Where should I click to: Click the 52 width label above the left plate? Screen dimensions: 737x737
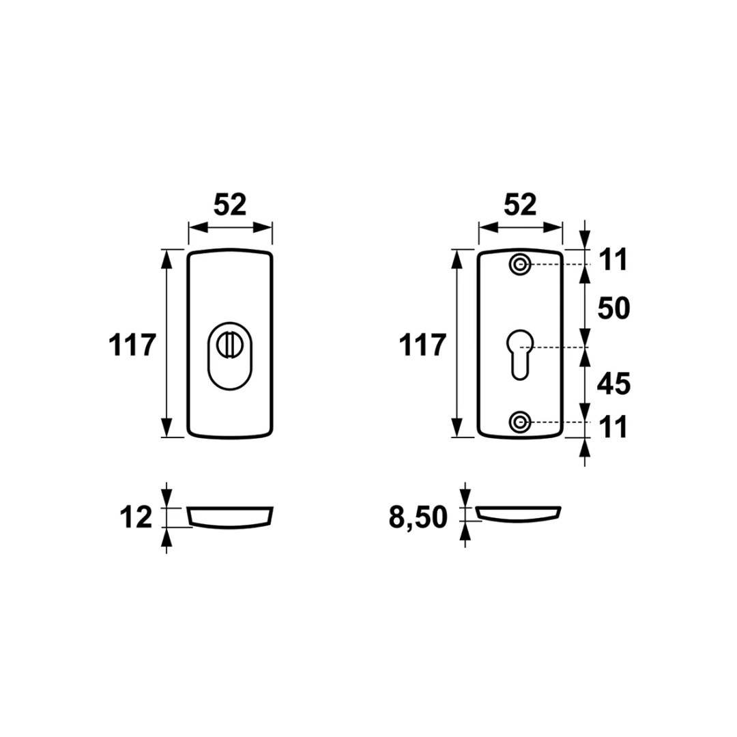point(230,205)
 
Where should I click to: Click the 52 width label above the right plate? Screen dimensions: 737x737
point(520,205)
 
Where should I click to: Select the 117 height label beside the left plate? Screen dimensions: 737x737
point(132,345)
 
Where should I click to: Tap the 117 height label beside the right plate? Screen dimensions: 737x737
point(422,345)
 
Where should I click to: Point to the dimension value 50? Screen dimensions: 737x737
point(613,309)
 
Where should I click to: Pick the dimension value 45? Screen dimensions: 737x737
point(613,384)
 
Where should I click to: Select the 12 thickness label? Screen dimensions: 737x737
point(136,517)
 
